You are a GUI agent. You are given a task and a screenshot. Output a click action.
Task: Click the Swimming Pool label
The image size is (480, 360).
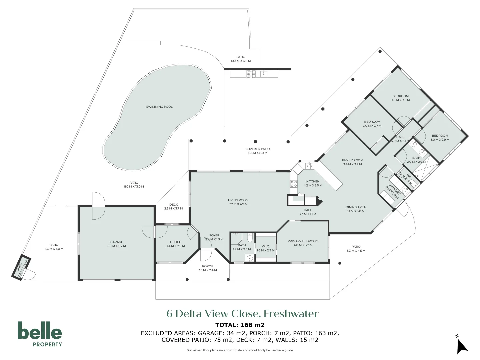pyautogui.click(x=159, y=107)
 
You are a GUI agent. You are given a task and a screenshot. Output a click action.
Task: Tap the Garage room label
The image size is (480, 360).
pyautogui.click(x=116, y=242)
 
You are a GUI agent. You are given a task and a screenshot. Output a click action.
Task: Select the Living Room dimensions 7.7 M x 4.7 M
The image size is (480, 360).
pyautogui.click(x=238, y=204)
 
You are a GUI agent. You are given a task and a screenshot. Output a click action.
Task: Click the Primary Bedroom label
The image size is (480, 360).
pyautogui.click(x=303, y=241)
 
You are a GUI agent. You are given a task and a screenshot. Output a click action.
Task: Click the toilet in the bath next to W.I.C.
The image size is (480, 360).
pyautogui.click(x=250, y=238)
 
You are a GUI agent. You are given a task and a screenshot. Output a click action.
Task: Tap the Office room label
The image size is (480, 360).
pyautogui.click(x=175, y=242)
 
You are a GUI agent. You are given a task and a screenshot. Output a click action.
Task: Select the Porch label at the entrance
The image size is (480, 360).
pyautogui.click(x=207, y=266)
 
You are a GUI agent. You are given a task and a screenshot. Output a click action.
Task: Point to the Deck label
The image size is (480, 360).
pyautogui.click(x=173, y=205)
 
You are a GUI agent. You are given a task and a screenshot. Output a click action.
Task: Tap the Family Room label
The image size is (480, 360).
pyautogui.click(x=352, y=160)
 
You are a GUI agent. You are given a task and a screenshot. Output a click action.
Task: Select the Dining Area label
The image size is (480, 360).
pyautogui.click(x=356, y=207)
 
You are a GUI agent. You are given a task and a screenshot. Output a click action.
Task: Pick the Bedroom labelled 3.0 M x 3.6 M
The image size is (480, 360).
pyautogui.click(x=400, y=96)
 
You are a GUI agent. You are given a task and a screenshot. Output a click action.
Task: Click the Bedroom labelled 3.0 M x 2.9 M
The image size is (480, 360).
pyautogui.click(x=440, y=136)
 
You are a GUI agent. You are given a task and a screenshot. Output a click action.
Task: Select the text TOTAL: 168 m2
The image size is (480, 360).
pyautogui.click(x=240, y=325)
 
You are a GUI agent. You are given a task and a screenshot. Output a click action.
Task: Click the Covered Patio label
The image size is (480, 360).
pyautogui.click(x=257, y=149)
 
